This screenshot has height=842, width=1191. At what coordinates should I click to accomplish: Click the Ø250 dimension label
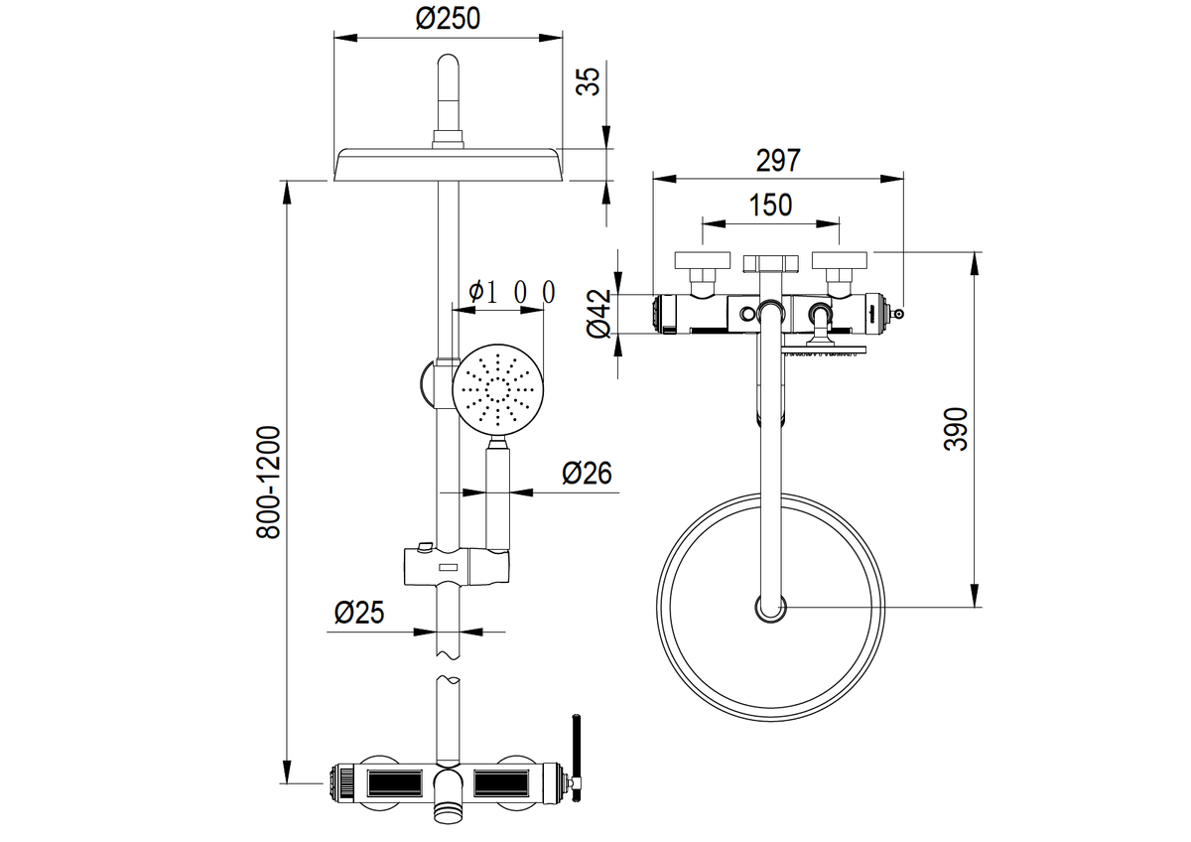[x=448, y=19]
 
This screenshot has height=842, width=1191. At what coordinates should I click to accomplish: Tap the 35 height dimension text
[x=591, y=80]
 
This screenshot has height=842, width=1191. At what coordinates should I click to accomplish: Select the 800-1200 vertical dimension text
[x=268, y=484]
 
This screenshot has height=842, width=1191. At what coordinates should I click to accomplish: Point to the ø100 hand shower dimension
[x=511, y=292]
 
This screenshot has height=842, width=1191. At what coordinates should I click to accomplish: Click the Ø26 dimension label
[x=586, y=473]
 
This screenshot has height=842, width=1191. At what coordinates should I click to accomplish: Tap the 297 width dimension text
[x=777, y=160]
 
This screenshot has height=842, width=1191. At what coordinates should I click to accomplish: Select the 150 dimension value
[x=770, y=205]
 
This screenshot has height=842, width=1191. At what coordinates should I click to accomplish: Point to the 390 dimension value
[x=954, y=429]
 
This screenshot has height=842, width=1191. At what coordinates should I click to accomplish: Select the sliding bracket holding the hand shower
[x=458, y=565]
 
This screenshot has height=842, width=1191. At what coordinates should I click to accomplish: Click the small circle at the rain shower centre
[x=770, y=608]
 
